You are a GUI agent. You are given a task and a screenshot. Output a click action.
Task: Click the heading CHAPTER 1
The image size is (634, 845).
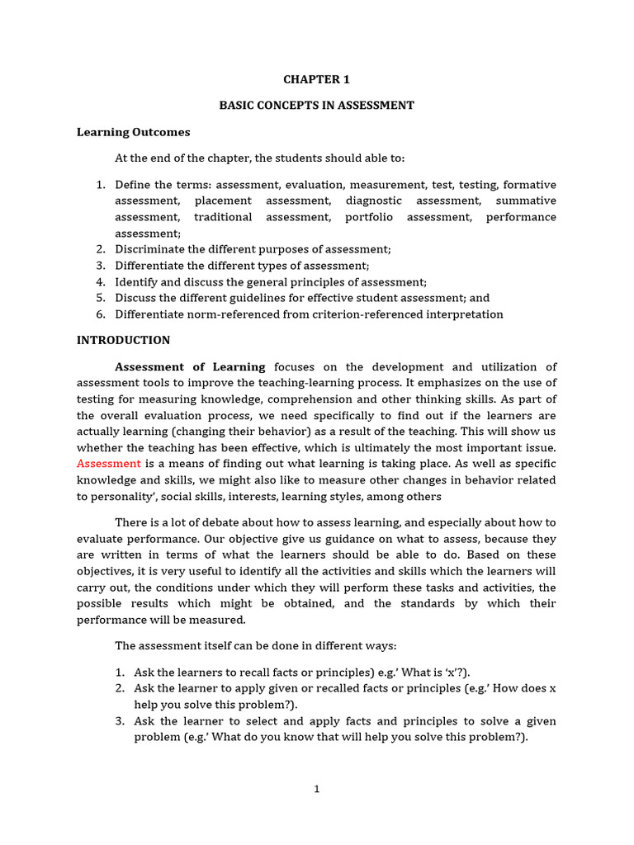click(x=317, y=80)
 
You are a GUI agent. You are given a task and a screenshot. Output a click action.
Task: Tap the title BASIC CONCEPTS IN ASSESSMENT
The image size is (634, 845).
click(x=316, y=106)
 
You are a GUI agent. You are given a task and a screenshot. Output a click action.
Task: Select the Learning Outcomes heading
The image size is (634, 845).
click(x=133, y=132)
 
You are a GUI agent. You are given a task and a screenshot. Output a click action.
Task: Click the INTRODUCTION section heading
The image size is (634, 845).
click(x=123, y=340)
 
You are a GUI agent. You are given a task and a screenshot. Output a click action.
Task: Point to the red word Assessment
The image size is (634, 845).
click(x=109, y=464)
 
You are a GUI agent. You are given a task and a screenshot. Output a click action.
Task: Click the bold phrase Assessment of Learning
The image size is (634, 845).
click(x=190, y=366)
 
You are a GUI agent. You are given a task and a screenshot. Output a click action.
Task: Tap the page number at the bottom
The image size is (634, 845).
click(x=316, y=790)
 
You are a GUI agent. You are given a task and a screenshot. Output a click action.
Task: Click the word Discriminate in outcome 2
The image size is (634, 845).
click(x=149, y=249)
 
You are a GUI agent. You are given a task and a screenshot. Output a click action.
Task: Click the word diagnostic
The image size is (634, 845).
click(x=374, y=201)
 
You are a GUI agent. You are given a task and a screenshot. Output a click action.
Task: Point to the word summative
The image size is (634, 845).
click(x=526, y=201)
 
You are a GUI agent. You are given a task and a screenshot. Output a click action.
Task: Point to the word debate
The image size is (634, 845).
click(x=225, y=522)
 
